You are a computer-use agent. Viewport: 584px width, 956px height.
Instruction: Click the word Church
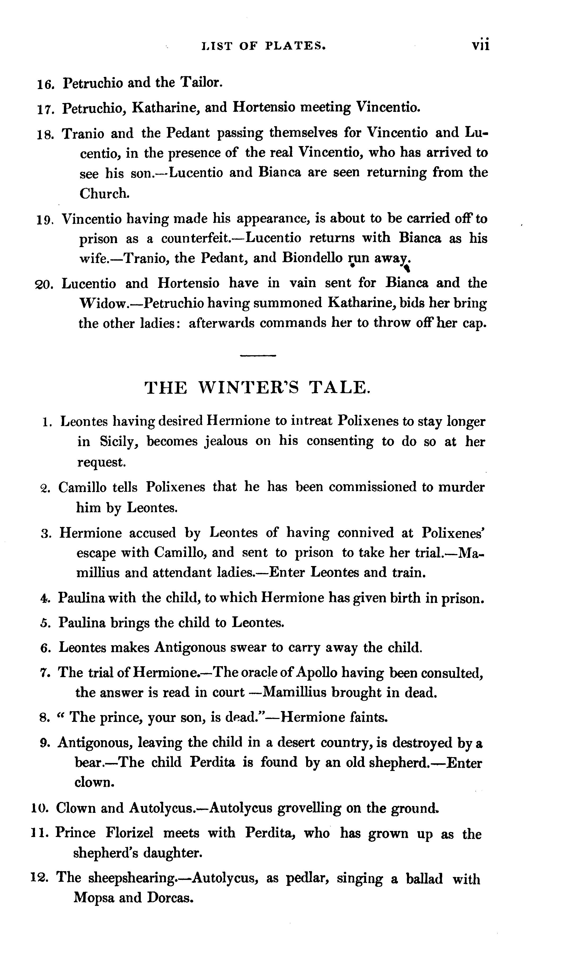click(104, 193)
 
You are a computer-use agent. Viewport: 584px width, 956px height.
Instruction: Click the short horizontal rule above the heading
click(258, 356)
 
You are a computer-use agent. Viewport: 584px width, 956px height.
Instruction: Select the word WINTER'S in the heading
click(249, 388)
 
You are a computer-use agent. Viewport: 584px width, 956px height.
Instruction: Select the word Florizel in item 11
click(130, 833)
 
